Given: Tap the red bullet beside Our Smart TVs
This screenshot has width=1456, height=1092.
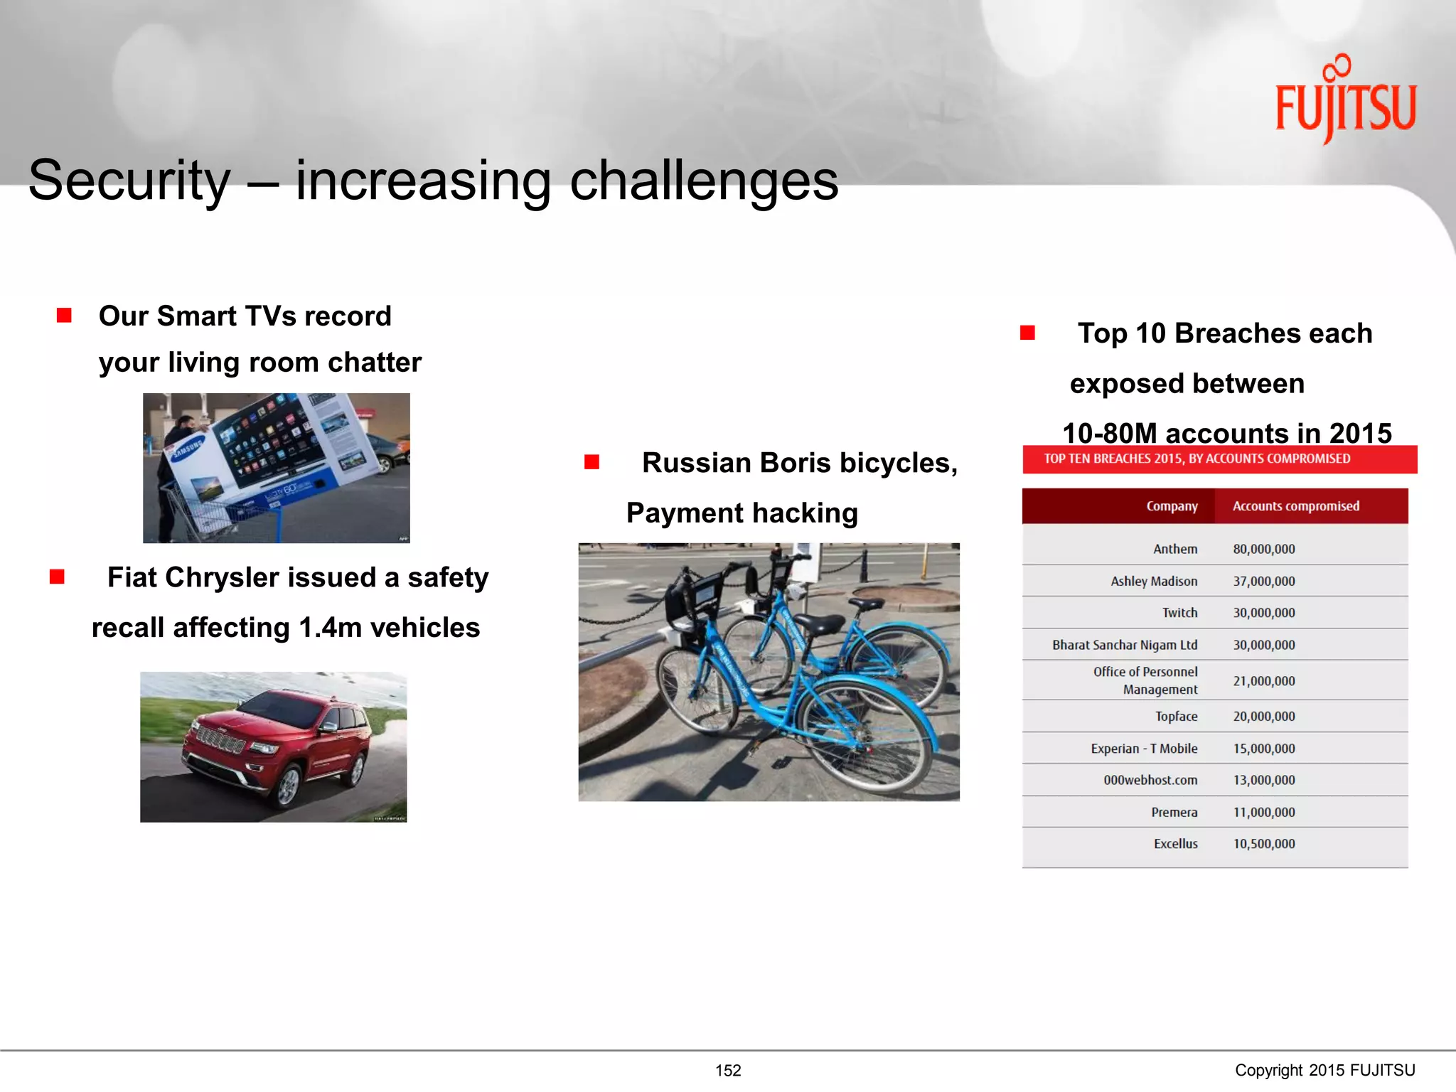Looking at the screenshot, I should pyautogui.click(x=64, y=315).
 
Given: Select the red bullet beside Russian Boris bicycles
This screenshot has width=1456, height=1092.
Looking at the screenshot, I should pyautogui.click(x=591, y=463).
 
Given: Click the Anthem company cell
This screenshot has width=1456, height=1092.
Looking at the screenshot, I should pyautogui.click(x=1174, y=549).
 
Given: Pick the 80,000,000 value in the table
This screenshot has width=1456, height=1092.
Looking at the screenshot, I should pyautogui.click(x=1263, y=549).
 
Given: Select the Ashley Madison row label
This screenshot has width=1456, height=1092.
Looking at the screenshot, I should pyautogui.click(x=1153, y=581).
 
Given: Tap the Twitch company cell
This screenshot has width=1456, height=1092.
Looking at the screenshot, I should pyautogui.click(x=1179, y=612).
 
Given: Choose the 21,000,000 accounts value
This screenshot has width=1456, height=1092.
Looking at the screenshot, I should pyautogui.click(x=1263, y=680).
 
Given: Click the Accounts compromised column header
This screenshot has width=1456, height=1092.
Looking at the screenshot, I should pyautogui.click(x=1295, y=506).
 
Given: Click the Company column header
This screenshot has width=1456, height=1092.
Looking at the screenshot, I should pyautogui.click(x=1172, y=506).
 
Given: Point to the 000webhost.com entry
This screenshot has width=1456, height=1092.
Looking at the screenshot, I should pyautogui.click(x=1150, y=780).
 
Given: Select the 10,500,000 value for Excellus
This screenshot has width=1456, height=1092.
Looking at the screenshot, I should pyautogui.click(x=1263, y=844).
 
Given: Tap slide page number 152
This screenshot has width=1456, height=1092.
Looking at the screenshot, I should pyautogui.click(x=728, y=1070).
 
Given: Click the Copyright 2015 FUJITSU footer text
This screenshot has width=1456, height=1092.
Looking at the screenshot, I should pyautogui.click(x=1324, y=1070).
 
